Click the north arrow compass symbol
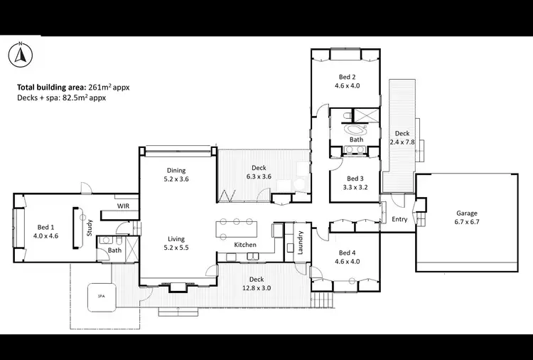pos(21,54)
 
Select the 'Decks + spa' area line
pos(61,98)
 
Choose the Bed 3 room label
pos(355,183)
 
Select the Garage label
pos(467,217)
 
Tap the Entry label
pos(399,219)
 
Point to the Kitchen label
pos(245,245)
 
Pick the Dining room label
pos(176,174)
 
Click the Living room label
pos(176,243)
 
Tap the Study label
pos(90,228)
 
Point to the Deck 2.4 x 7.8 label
pos(402,137)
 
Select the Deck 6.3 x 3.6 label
pos(259,172)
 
